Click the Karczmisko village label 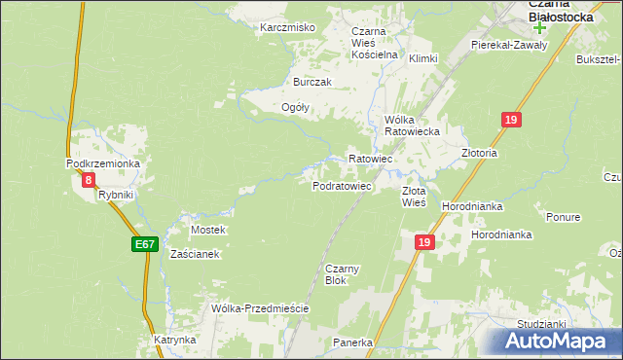pyautogui.click(x=287, y=27)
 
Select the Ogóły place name pyautogui.click(x=295, y=108)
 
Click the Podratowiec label pyautogui.click(x=342, y=186)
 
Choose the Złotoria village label pyautogui.click(x=479, y=153)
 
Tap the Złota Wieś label pyautogui.click(x=414, y=197)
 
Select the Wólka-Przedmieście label pyautogui.click(x=260, y=308)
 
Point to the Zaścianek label pyautogui.click(x=196, y=254)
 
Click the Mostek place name pyautogui.click(x=208, y=230)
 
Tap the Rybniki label pyautogui.click(x=116, y=195)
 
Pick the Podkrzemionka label pyautogui.click(x=103, y=164)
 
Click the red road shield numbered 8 pyautogui.click(x=89, y=180)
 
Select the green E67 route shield pyautogui.click(x=143, y=244)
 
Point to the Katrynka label pyautogui.click(x=175, y=341)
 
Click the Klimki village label pyautogui.click(x=423, y=59)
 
